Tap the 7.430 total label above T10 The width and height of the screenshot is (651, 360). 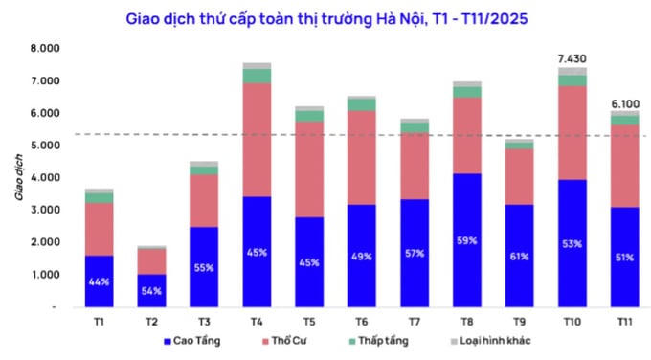point(572,59)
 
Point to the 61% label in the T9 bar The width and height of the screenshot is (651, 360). point(520,256)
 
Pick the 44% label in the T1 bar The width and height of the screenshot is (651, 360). point(100,282)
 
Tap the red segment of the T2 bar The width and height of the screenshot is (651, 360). point(151,261)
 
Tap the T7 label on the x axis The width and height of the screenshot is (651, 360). point(414,322)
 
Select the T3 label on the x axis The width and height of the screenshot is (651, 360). point(204,322)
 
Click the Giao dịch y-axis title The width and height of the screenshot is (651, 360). point(18,179)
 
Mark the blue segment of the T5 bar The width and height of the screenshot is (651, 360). point(309,260)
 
